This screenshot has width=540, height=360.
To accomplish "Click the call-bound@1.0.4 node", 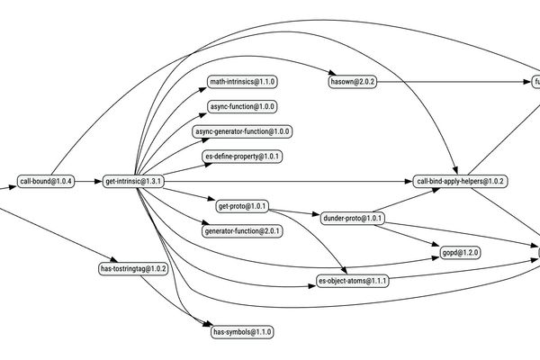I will click(x=46, y=181).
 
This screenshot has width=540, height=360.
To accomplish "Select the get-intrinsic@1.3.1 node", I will click(x=133, y=181).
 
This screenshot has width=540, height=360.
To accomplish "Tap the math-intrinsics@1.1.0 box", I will click(x=242, y=82).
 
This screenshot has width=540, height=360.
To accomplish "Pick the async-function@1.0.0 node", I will click(x=242, y=106).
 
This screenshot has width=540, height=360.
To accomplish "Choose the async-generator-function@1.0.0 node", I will click(x=242, y=131).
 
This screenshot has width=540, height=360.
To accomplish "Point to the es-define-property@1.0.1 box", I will click(x=242, y=157).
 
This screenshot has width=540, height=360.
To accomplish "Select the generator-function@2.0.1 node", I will click(x=242, y=231).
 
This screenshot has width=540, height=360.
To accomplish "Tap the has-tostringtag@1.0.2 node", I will click(x=133, y=268).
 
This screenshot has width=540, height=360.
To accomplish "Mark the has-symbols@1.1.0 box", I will click(x=242, y=332).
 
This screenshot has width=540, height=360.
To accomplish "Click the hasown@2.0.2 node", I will click(x=353, y=82).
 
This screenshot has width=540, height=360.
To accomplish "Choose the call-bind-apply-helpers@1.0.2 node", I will click(x=462, y=181).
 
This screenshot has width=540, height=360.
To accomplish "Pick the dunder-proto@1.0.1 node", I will click(x=353, y=218).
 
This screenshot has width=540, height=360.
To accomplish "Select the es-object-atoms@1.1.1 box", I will click(x=353, y=281).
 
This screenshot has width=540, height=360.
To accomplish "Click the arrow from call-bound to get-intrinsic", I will click(x=87, y=181).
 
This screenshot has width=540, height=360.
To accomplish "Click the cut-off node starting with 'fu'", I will click(x=536, y=82).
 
